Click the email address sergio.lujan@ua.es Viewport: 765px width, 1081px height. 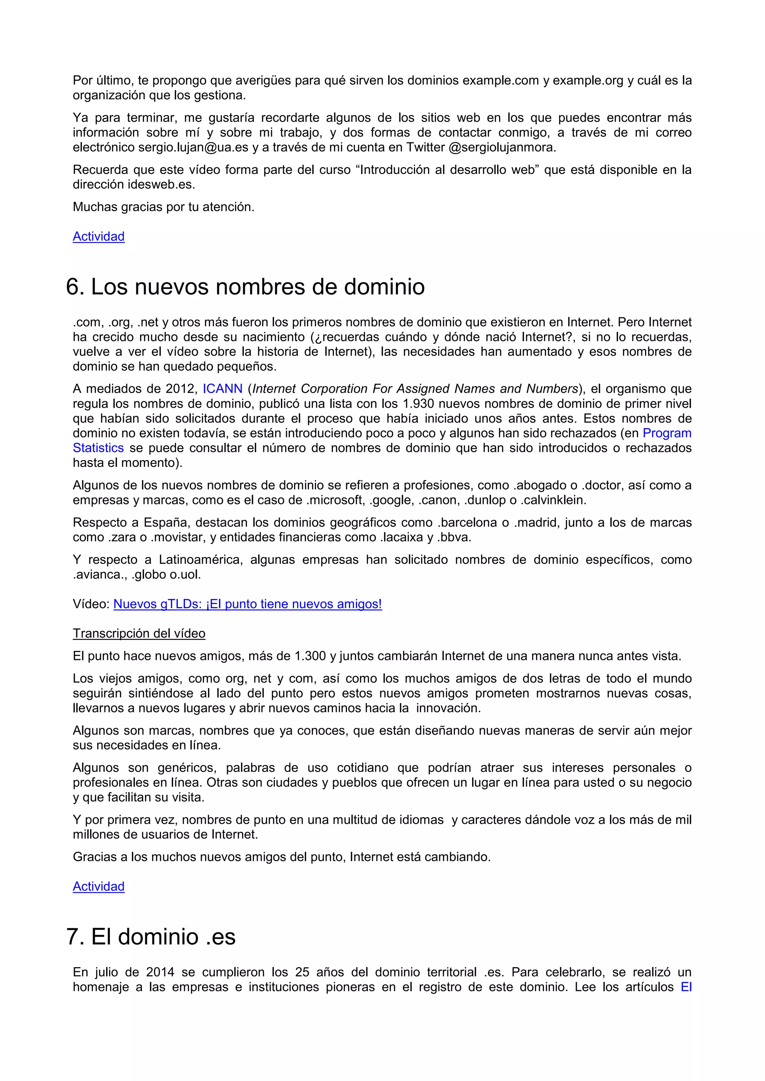193,147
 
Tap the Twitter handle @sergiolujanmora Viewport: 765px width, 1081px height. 502,147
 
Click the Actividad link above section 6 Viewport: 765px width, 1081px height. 99,236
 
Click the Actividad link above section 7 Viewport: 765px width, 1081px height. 99,886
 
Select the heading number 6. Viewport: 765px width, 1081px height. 74,287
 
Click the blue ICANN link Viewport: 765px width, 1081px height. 222,389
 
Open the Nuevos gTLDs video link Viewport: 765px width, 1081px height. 247,604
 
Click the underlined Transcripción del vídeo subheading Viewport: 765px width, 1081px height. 139,634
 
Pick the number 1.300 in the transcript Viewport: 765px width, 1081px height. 310,656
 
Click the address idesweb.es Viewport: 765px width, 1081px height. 161,184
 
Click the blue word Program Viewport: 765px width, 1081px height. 667,433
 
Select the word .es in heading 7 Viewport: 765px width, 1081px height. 220,937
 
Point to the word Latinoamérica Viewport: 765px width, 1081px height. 200,560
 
